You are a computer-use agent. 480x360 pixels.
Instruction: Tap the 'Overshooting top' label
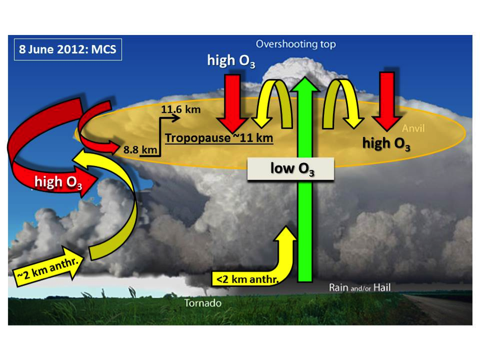pos(296,45)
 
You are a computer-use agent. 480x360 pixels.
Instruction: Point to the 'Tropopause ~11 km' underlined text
pos(219,138)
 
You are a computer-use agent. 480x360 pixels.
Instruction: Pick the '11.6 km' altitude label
pos(181,109)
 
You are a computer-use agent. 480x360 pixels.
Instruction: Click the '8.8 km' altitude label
pos(140,150)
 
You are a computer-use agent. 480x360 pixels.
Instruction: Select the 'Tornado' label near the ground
pos(203,304)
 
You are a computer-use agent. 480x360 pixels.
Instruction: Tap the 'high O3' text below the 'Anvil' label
pos(386,144)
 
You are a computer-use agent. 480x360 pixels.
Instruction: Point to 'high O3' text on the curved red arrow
pos(56,182)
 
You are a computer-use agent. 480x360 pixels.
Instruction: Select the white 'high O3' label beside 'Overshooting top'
pos(231,61)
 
